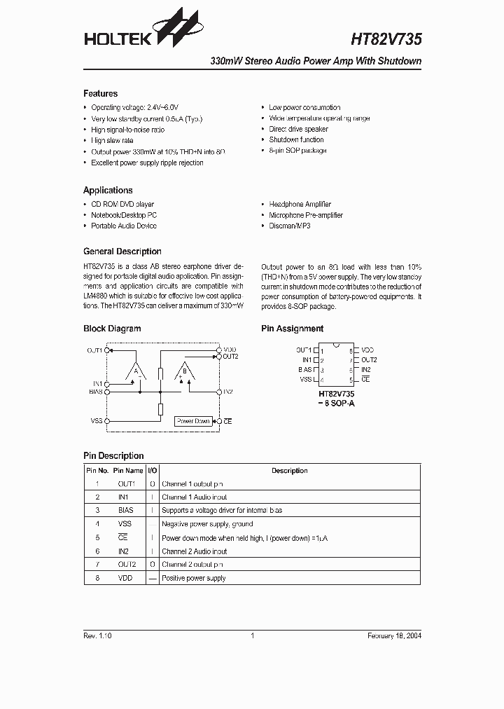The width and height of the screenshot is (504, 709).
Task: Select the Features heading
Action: coord(100,94)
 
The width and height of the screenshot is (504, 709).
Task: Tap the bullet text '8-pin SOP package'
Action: coord(297,151)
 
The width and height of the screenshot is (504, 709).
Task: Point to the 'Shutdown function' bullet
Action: coord(296,140)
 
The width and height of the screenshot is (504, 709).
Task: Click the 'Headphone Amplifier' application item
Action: coord(300,205)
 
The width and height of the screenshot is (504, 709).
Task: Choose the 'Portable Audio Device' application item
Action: coord(123,226)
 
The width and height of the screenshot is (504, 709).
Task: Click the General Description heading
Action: coord(122,252)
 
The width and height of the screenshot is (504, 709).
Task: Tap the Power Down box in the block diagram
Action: coord(193,421)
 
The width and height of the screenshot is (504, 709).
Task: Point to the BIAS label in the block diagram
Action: coord(96,392)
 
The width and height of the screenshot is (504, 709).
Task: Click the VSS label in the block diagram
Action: coord(97,421)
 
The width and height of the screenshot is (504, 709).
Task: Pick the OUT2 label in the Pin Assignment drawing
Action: coord(369,360)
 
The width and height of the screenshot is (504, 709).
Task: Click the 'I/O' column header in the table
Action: coord(152,471)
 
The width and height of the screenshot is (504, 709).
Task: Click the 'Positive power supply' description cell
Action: coord(193,578)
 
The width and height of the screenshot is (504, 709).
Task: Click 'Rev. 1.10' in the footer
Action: coord(97,635)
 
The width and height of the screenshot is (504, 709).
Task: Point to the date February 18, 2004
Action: coord(394,635)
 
